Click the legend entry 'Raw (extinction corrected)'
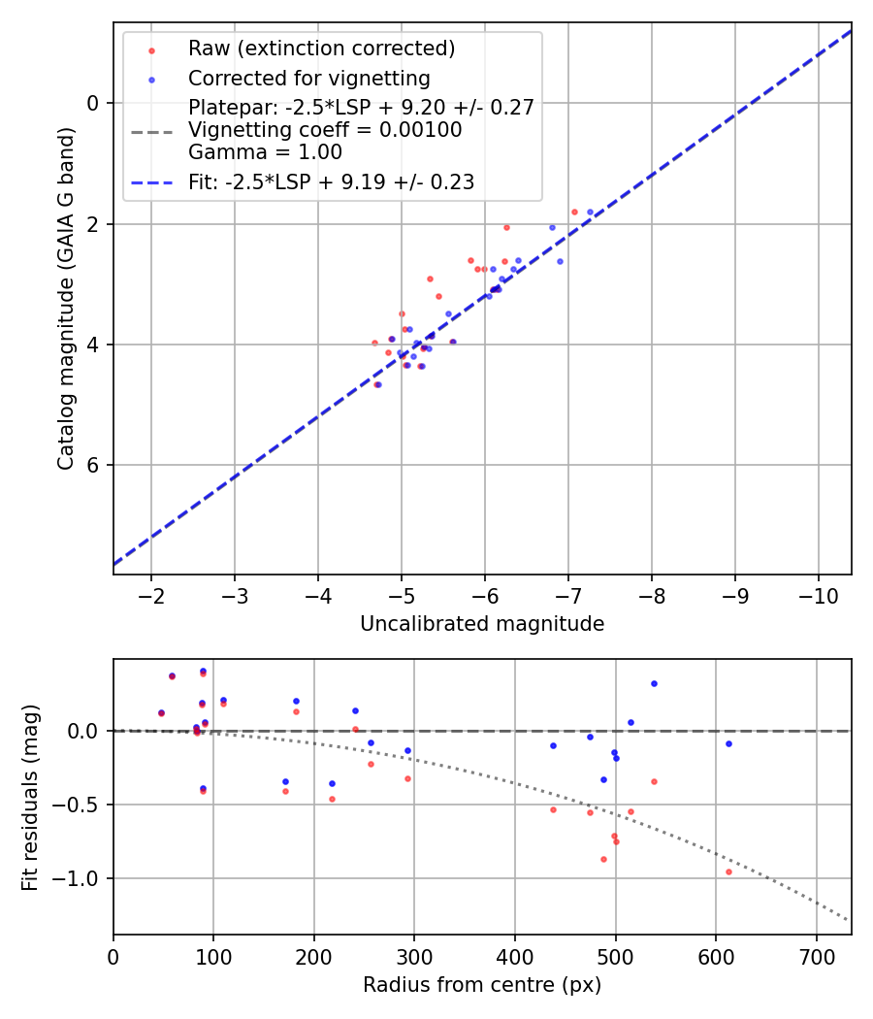321,49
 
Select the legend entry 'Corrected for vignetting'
308,78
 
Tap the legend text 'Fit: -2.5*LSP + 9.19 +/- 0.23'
331,181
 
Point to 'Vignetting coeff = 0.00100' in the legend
325,130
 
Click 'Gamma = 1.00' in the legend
265,152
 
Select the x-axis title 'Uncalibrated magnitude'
482,624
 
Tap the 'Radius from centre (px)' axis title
482,985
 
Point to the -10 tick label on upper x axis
818,594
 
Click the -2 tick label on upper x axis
151,594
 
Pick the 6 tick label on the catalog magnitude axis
94,465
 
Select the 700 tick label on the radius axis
816,955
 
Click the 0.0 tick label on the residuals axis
85,731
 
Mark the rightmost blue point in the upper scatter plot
590,212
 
